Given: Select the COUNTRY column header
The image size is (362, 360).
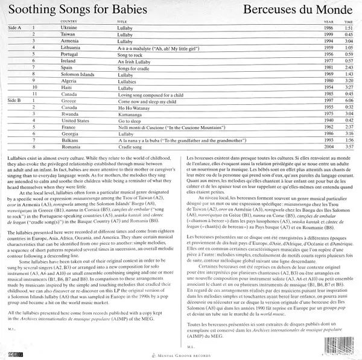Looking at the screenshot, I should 69,22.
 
